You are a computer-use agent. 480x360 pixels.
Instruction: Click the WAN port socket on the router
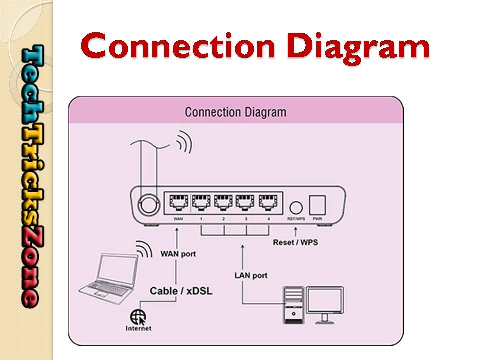pos(178,202)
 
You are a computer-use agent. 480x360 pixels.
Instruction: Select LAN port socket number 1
pos(200,202)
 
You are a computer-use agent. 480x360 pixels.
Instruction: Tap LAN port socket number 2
pos(223,202)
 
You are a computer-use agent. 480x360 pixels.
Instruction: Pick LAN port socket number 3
pos(245,202)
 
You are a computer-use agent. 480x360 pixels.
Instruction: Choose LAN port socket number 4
pos(268,202)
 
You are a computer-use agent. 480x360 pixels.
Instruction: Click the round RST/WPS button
pos(296,207)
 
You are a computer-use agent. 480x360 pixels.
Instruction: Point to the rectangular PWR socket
pos(317,205)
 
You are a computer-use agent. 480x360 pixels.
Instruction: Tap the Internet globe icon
pos(138,317)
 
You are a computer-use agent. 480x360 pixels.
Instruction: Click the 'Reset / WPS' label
pos(295,243)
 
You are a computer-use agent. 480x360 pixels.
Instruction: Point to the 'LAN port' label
pos(251,275)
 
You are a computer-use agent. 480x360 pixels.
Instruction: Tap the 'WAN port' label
pos(178,254)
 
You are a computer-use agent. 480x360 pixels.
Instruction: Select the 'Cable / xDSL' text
pos(181,290)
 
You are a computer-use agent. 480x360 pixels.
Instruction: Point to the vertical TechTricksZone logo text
pos(30,175)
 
